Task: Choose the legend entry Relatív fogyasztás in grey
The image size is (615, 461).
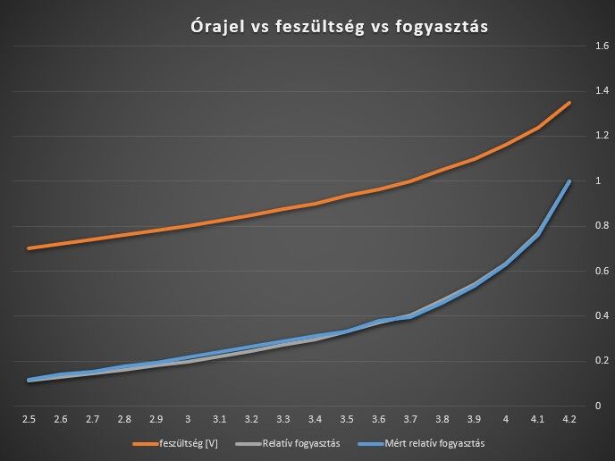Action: tap(300, 442)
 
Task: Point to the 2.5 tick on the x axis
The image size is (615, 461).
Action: tap(29, 418)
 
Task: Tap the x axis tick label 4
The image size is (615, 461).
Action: tap(506, 418)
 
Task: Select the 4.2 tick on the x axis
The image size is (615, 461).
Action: tap(569, 418)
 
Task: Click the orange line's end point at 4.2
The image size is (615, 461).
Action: tap(569, 103)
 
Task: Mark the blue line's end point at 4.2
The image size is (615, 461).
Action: tap(569, 181)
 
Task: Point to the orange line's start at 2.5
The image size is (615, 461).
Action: tap(29, 248)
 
